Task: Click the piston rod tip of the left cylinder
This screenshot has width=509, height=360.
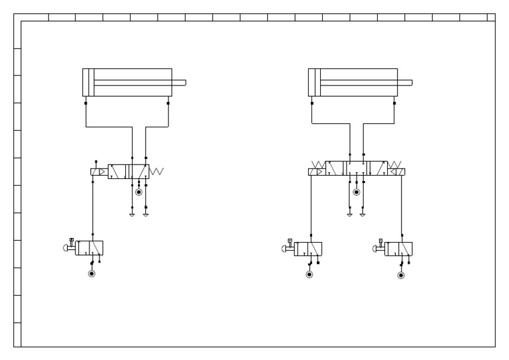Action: coord(184,83)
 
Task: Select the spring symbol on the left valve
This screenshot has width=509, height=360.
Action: coord(156,172)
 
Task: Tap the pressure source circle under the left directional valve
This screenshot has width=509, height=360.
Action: coord(139,192)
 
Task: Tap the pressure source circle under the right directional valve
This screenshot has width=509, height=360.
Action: coord(356,192)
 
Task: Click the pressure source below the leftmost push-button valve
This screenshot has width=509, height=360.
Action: coord(92,273)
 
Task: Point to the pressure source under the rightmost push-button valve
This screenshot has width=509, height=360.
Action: coord(400,274)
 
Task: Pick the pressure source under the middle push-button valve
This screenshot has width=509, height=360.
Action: coord(309,274)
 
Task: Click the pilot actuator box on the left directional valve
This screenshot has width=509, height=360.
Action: coord(97,172)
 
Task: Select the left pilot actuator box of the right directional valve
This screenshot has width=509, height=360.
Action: coord(315,172)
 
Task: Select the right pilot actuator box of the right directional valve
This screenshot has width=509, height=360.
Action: coord(398,172)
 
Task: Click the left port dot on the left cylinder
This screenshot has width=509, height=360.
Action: coord(85,103)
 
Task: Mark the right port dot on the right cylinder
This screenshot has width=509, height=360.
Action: coord(395,103)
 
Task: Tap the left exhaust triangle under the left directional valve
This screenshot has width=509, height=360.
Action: coord(132,215)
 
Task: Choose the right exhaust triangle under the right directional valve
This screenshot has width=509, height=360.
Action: coord(363,215)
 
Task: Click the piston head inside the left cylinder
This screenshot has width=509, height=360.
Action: coord(89,83)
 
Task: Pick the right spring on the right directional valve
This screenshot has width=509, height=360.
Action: coord(395,164)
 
